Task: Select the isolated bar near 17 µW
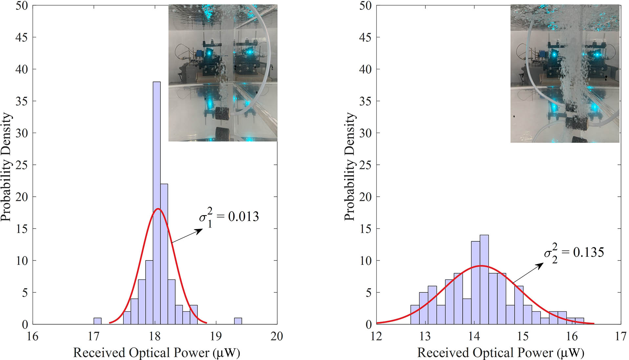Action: click(x=97, y=321)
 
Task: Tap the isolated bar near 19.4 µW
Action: click(x=238, y=321)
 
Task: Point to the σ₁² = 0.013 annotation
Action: click(x=229, y=217)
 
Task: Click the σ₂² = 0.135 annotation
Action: click(x=574, y=253)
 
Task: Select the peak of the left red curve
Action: click(x=158, y=209)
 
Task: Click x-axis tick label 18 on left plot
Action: click(x=155, y=336)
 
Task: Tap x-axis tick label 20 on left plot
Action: click(x=277, y=336)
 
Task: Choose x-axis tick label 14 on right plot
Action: click(x=474, y=336)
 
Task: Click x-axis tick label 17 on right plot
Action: click(x=620, y=336)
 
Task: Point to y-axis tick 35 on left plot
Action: click(x=22, y=101)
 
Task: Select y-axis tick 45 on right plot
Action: click(x=365, y=37)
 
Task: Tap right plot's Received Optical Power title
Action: click(x=500, y=353)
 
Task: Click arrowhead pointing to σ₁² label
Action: click(x=200, y=230)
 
